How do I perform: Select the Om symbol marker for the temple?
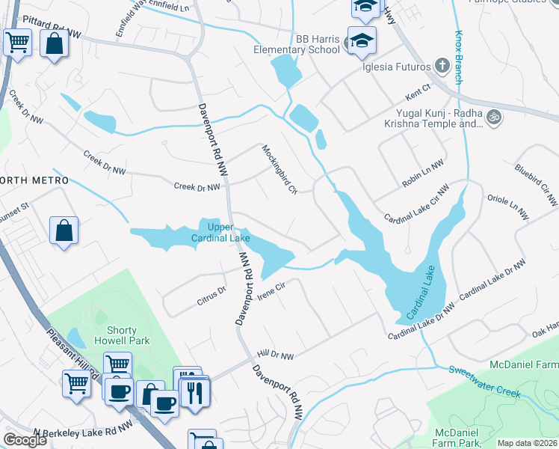[492, 117]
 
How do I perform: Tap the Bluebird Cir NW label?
[536, 183]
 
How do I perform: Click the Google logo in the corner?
[25, 440]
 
